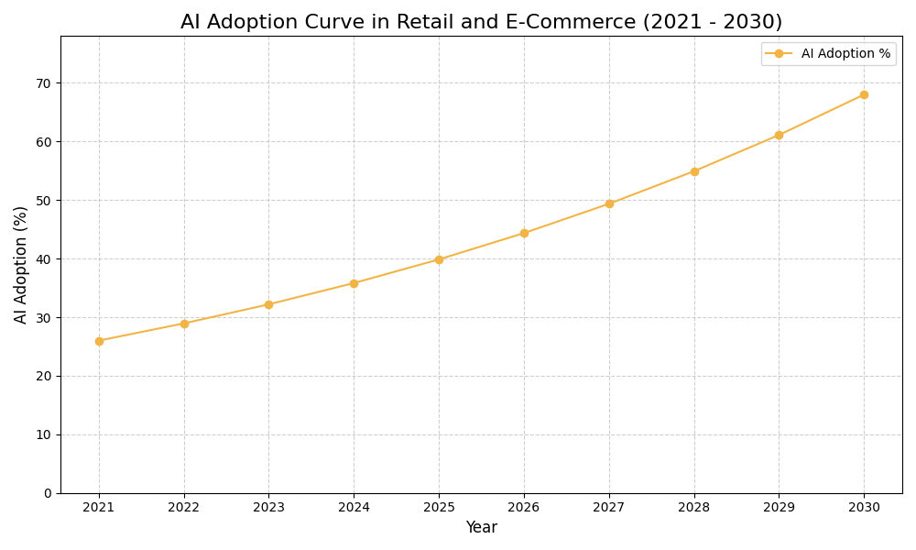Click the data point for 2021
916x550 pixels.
(x=99, y=341)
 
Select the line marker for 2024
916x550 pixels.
(x=354, y=283)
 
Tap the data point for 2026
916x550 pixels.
(x=524, y=233)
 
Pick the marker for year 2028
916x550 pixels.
(x=694, y=171)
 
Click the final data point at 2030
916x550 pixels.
(x=864, y=94)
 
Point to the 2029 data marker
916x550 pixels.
(x=779, y=135)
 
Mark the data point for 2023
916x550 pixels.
(x=268, y=304)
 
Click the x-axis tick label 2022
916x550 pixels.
(x=184, y=507)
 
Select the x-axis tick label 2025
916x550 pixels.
(x=439, y=507)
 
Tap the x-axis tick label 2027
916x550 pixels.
(x=609, y=507)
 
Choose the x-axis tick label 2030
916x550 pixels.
(x=864, y=507)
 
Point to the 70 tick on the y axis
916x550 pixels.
(x=44, y=83)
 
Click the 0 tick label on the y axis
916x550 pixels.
(x=48, y=493)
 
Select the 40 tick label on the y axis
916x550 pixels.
(x=44, y=259)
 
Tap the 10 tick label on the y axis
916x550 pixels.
(x=44, y=434)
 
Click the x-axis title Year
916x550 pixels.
(x=481, y=528)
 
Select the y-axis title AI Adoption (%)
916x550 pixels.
(x=21, y=264)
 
